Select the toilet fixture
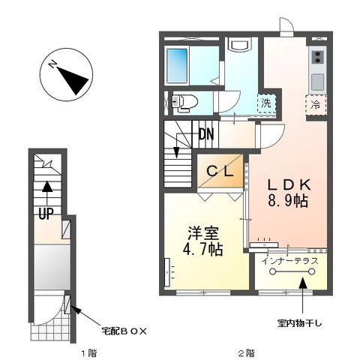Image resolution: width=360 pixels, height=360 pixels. (x=184, y=101)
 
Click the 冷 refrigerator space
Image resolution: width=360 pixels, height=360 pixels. (x=316, y=103)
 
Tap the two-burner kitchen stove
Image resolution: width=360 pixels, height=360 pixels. (x=316, y=56)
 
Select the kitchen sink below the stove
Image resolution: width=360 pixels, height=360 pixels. (x=316, y=79)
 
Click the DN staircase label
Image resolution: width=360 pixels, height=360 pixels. (x=207, y=136)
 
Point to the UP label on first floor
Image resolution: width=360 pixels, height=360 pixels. (x=46, y=213)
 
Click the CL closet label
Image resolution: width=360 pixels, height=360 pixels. (x=222, y=171)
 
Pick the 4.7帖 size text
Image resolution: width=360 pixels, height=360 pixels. (x=202, y=250)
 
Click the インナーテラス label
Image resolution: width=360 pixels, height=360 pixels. (x=291, y=260)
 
